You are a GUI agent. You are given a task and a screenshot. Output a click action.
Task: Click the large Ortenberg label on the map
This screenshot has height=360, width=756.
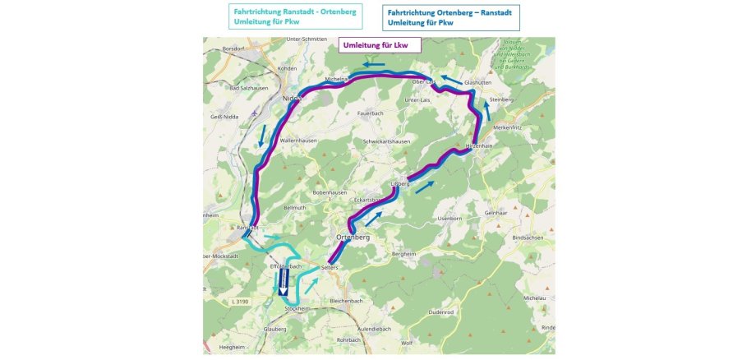pyautogui.click(x=353, y=237)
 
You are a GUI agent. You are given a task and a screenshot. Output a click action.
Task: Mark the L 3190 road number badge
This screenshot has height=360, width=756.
pyautogui.click(x=241, y=302)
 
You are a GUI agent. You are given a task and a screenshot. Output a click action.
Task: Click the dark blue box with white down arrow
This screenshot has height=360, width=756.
pyautogui.click(x=281, y=284)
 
